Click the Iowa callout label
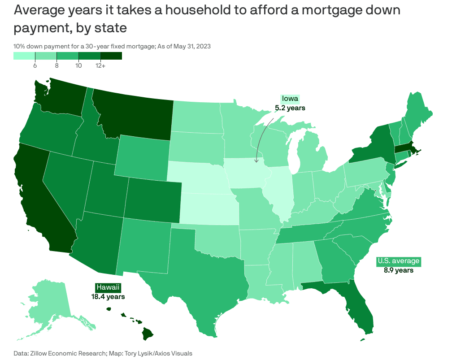tap(290, 99)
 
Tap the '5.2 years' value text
tap(290, 108)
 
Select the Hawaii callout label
tap(108, 287)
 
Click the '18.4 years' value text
tap(108, 296)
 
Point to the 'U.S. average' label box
tap(398, 261)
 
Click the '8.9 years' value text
tap(398, 270)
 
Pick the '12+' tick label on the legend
tap(100, 66)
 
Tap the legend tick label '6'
tap(35, 66)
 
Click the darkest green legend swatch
tap(111, 56)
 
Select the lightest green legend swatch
tap(24, 56)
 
